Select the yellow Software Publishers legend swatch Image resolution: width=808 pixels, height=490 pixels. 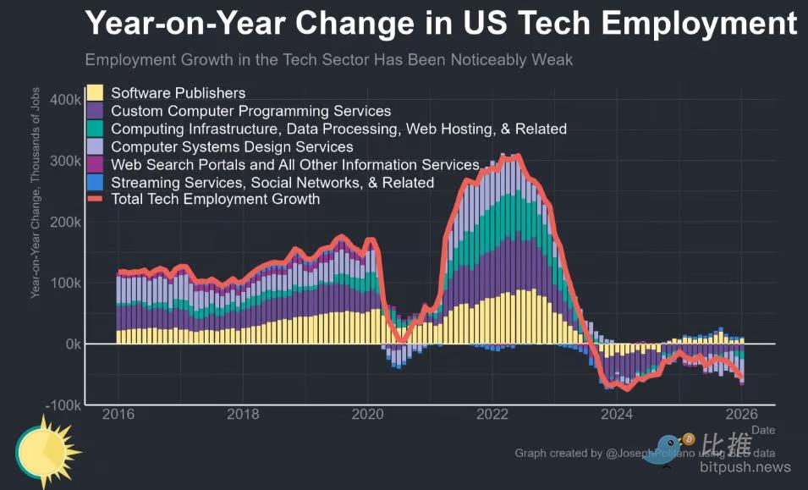(96, 93)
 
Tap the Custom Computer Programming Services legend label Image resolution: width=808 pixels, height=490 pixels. (251, 111)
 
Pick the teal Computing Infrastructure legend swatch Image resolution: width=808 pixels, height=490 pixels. (96, 129)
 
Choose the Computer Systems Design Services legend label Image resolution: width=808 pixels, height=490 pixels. (233, 146)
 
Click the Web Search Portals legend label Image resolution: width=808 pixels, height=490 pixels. (295, 164)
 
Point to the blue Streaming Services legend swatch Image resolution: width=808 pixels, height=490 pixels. (96, 182)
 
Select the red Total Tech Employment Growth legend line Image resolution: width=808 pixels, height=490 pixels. (96, 200)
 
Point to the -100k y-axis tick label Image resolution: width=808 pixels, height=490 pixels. (62, 405)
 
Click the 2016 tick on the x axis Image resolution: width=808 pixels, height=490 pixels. (118, 415)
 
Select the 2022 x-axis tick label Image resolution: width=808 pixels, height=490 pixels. (492, 415)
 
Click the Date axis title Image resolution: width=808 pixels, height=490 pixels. (763, 430)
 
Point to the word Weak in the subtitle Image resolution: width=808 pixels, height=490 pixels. (554, 60)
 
